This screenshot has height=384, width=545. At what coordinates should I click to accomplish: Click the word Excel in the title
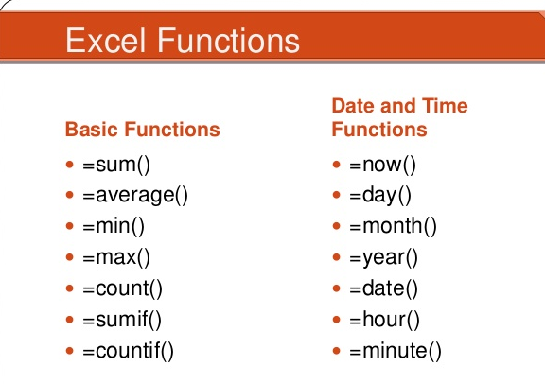105,41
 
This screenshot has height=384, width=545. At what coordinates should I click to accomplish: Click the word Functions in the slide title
229,41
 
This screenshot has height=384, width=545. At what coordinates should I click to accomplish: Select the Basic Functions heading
143,130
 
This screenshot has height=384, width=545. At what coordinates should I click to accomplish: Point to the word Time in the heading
445,106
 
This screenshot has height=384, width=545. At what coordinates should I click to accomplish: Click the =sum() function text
116,165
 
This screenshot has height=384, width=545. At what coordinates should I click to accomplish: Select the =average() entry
135,195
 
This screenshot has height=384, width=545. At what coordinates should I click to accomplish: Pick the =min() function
114,226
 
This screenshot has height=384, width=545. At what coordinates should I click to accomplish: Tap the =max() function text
116,257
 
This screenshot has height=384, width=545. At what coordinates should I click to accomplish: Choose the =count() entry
122,288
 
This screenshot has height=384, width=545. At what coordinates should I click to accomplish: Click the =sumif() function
122,320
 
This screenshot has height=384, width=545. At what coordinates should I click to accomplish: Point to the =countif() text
128,351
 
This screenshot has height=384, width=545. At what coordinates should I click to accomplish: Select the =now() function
382,165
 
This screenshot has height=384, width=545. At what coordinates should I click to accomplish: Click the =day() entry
380,195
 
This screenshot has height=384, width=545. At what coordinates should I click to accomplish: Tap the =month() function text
393,226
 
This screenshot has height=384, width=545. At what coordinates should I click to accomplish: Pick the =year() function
384,258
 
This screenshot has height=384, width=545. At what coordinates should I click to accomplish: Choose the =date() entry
384,288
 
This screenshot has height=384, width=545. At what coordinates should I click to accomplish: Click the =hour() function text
384,320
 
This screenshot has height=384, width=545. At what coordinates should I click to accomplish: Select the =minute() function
396,351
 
